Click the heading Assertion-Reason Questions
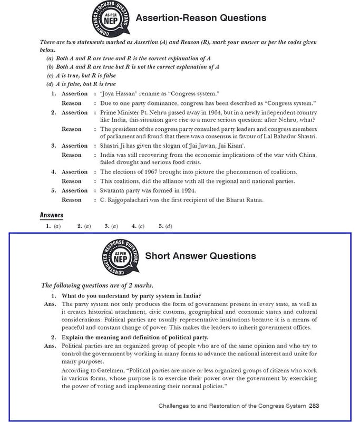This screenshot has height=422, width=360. pyautogui.click(x=201, y=18)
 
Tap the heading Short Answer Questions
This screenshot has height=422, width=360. pyautogui.click(x=200, y=256)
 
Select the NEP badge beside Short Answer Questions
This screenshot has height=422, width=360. pyautogui.click(x=120, y=259)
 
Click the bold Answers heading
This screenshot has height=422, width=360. pyautogui.click(x=52, y=215)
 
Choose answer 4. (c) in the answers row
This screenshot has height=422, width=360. pyautogui.click(x=138, y=226)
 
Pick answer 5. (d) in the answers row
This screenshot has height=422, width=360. pyautogui.click(x=165, y=226)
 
